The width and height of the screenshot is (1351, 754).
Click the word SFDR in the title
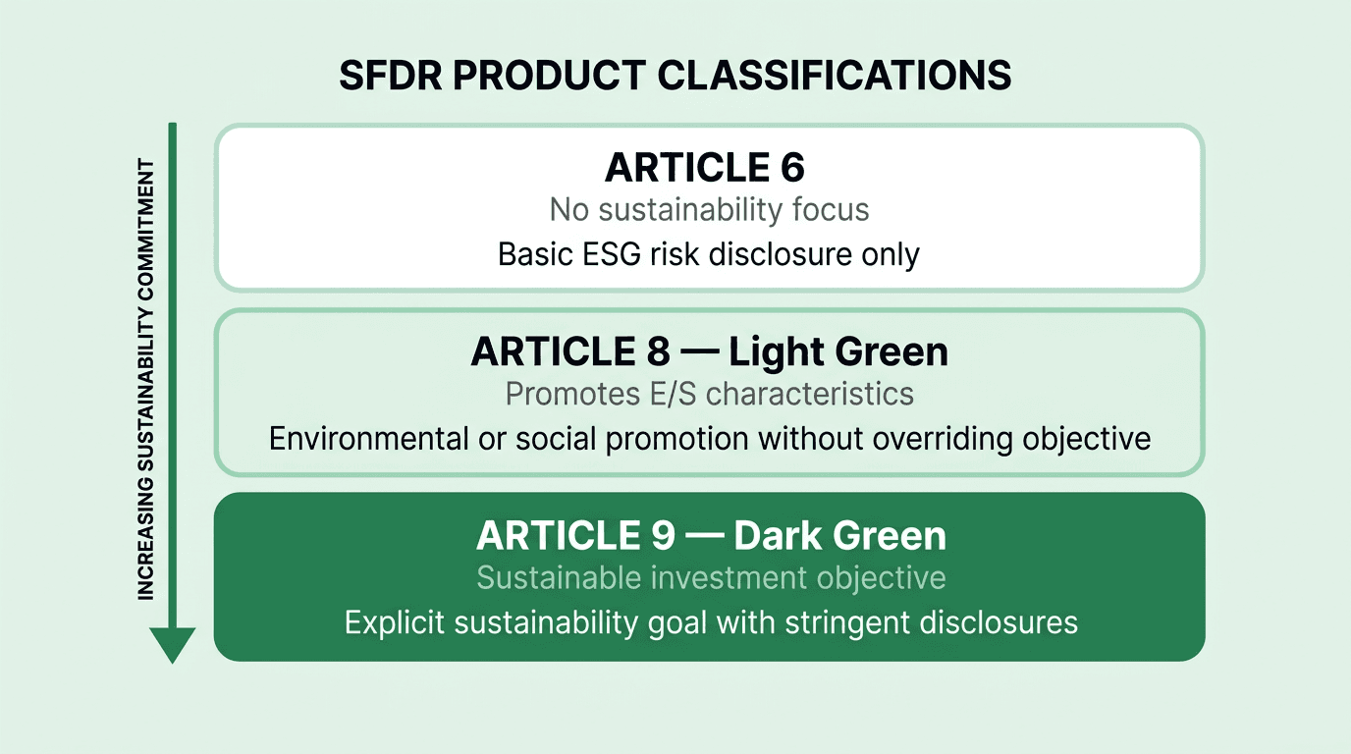pyautogui.click(x=385, y=76)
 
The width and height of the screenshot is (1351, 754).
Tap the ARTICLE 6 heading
pyautogui.click(x=705, y=168)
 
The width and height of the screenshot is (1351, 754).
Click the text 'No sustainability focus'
pyautogui.click(x=709, y=209)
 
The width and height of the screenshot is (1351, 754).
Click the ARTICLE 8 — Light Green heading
pyautogui.click(x=709, y=351)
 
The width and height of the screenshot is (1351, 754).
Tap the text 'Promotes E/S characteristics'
pyautogui.click(x=709, y=394)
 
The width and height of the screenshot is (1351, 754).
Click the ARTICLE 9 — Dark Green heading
pyautogui.click(x=711, y=536)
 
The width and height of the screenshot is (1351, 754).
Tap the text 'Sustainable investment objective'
pyautogui.click(x=711, y=577)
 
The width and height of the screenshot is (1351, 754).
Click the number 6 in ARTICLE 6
pyautogui.click(x=791, y=168)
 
